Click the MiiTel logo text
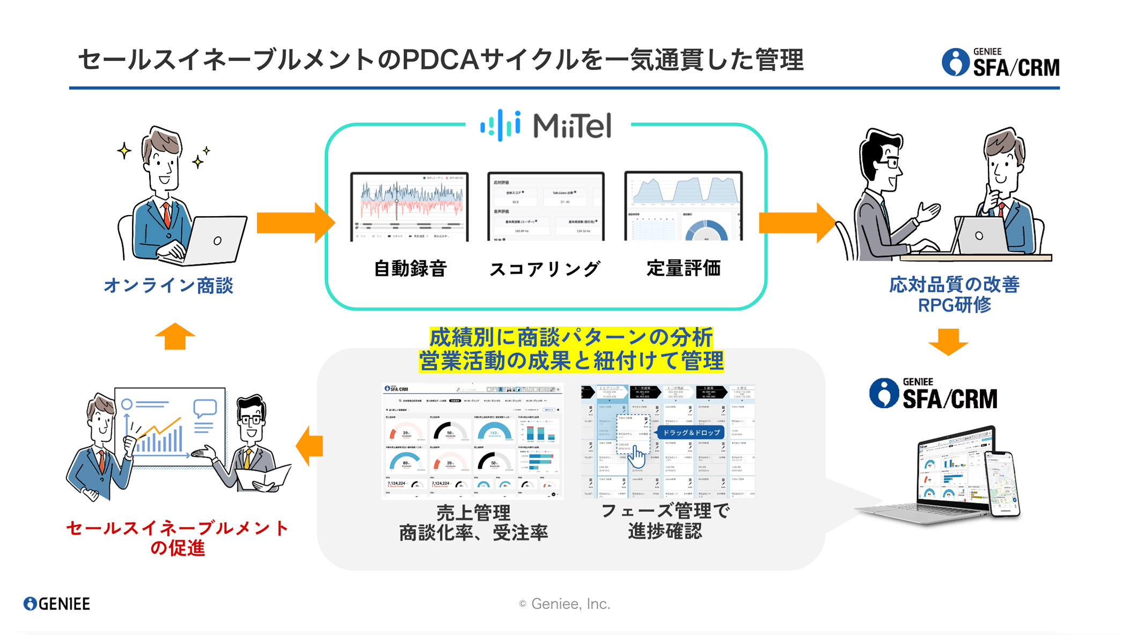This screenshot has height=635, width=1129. (572, 126)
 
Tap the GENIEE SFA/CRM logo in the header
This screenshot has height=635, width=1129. (1000, 63)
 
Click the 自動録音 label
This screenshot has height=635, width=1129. (410, 268)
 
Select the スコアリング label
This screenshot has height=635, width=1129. (545, 269)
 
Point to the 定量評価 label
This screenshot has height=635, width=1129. (683, 268)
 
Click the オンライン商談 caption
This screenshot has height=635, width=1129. (168, 285)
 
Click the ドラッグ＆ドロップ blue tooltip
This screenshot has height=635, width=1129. (691, 432)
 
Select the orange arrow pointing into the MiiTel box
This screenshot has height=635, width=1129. (295, 223)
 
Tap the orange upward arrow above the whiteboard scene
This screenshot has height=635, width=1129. (175, 336)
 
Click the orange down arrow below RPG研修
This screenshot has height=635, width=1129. (948, 342)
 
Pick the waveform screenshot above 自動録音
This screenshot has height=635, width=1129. (409, 206)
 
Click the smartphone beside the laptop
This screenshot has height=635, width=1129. (1002, 483)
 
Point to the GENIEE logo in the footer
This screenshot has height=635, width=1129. (57, 604)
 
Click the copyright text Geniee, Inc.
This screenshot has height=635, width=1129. (564, 604)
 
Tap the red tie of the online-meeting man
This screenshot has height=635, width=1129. (167, 214)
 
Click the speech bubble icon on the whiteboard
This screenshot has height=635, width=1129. (205, 408)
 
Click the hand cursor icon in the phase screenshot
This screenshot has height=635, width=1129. (637, 456)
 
